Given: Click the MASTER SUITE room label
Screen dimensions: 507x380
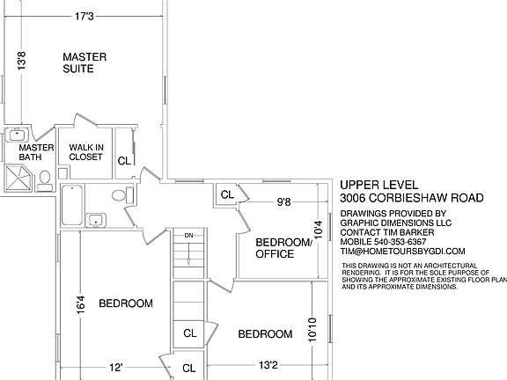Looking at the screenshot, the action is pyautogui.click(x=84, y=62).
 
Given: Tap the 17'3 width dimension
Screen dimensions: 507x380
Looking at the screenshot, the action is pyautogui.click(x=84, y=16).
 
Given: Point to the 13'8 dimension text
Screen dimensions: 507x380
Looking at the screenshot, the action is pyautogui.click(x=21, y=61).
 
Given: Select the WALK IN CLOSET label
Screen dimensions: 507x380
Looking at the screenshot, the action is pyautogui.click(x=86, y=152).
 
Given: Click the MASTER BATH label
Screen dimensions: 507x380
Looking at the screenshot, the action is pyautogui.click(x=36, y=152).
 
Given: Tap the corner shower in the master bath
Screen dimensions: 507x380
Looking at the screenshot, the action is pyautogui.click(x=18, y=178).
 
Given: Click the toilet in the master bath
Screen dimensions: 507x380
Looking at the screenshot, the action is pyautogui.click(x=45, y=181).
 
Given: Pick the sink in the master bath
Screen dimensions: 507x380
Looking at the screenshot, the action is pyautogui.click(x=17, y=135).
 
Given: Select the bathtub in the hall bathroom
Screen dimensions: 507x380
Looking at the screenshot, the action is pyautogui.click(x=72, y=205).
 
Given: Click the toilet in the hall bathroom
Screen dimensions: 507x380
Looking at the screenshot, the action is pyautogui.click(x=122, y=195).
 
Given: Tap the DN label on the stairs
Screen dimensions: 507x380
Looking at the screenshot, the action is pyautogui.click(x=189, y=236).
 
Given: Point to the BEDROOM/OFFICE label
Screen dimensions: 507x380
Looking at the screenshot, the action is pyautogui.click(x=283, y=248).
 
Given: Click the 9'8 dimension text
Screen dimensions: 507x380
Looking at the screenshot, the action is pyautogui.click(x=284, y=202).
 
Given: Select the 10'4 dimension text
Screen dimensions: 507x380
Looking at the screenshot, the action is pyautogui.click(x=319, y=230).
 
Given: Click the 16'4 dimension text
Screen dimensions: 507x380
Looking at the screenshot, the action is pyautogui.click(x=80, y=304).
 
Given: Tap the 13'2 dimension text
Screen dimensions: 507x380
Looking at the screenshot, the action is pyautogui.click(x=268, y=365).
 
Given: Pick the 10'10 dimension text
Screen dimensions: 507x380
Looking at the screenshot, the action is pyautogui.click(x=312, y=330).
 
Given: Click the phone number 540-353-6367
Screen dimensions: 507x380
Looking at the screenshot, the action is pyautogui.click(x=400, y=242).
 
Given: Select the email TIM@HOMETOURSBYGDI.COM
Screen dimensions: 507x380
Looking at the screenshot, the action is pyautogui.click(x=402, y=251).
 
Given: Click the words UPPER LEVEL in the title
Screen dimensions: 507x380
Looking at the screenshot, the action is pyautogui.click(x=379, y=185).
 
